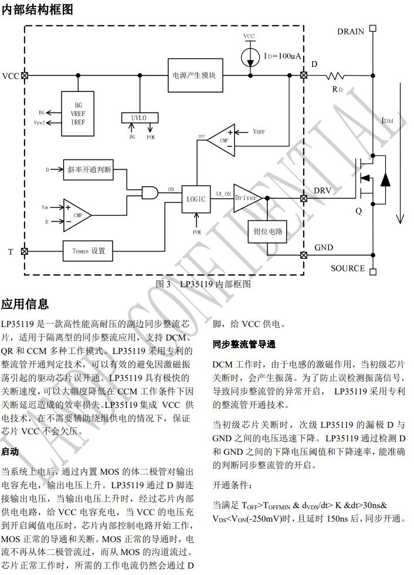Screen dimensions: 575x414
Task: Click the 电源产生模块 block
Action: pyautogui.click(x=195, y=76)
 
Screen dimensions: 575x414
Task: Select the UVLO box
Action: pyautogui.click(x=140, y=118)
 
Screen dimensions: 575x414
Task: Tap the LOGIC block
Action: pyautogui.click(x=196, y=199)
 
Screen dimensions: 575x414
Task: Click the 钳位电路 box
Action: pyautogui.click(x=267, y=232)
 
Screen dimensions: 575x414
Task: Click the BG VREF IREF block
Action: pyautogui.click(x=78, y=113)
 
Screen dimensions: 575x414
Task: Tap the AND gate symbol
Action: pyautogui.click(x=150, y=191)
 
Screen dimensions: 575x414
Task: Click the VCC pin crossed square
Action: pyautogui.click(x=24, y=76)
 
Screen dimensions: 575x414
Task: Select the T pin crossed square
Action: pyautogui.click(x=24, y=251)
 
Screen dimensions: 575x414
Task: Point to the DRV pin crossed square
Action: pyautogui.click(x=303, y=198)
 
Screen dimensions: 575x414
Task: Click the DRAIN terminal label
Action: pyautogui.click(x=351, y=32)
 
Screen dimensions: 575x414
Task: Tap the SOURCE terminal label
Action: pyautogui.click(x=348, y=268)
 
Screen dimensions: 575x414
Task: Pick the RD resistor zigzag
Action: pyautogui.click(x=337, y=76)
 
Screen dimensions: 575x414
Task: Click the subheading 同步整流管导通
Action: pyautogui.click(x=244, y=344)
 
